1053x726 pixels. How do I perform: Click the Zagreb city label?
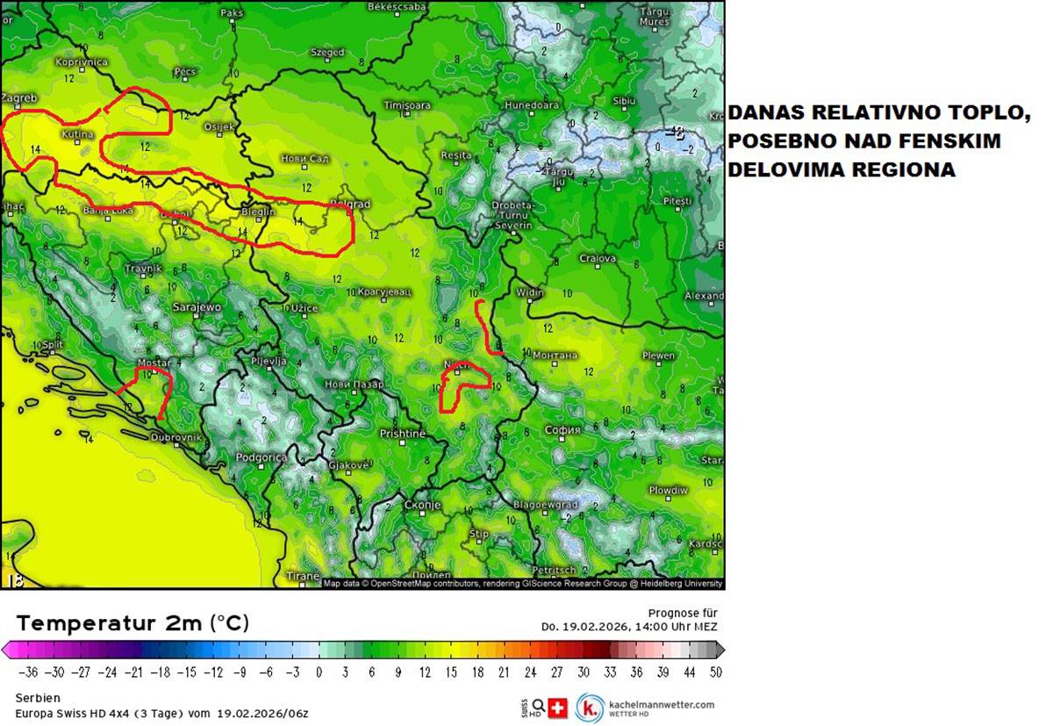pyautogui.click(x=19, y=98)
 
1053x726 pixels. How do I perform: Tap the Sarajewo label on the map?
pyautogui.click(x=196, y=307)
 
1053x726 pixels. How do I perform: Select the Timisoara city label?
pyautogui.click(x=407, y=105)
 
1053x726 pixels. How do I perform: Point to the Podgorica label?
pyautogui.click(x=261, y=457)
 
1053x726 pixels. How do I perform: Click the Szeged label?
pyautogui.click(x=327, y=53)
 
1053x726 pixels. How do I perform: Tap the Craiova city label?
pyautogui.click(x=598, y=259)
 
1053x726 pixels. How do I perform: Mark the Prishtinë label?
pyautogui.click(x=402, y=434)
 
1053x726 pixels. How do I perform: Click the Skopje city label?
pyautogui.click(x=421, y=506)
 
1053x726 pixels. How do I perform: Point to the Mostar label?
pyautogui.click(x=154, y=363)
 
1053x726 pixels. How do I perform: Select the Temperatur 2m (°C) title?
pyautogui.click(x=133, y=623)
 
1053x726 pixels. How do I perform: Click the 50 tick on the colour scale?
pyautogui.click(x=716, y=672)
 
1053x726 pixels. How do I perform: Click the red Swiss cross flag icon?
pyautogui.click(x=558, y=707)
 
